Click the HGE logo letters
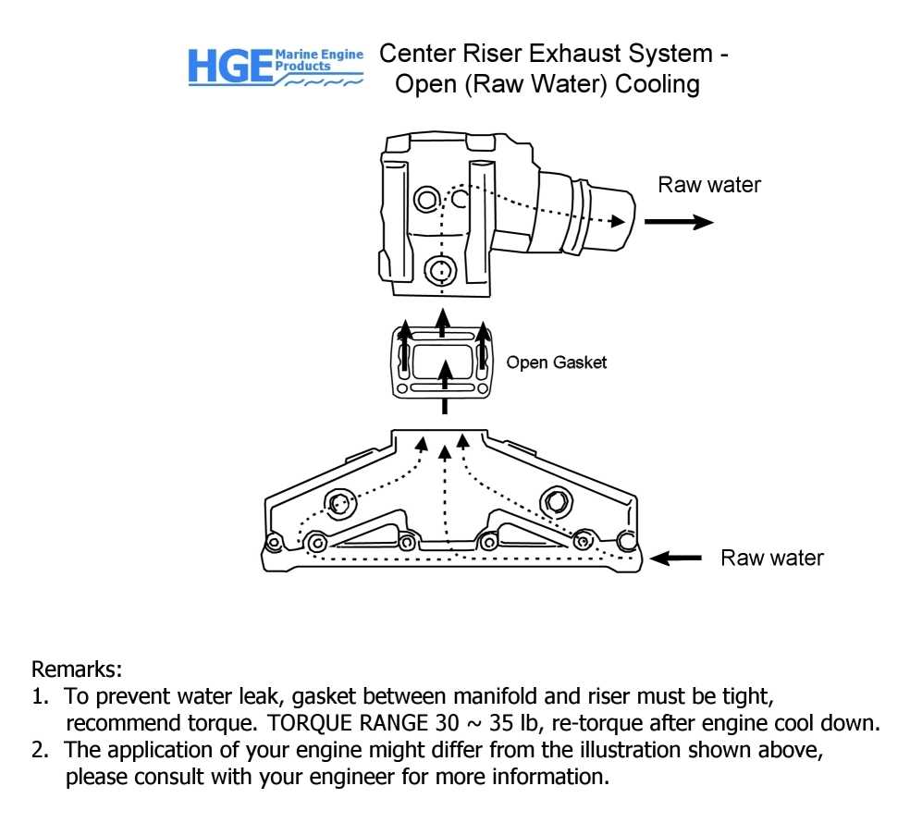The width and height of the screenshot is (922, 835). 229,68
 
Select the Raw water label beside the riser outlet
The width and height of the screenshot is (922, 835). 709,185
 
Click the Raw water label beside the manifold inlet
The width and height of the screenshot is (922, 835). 771,558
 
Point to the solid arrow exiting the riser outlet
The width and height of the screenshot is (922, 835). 678,222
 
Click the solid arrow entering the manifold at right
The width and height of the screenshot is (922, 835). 675,558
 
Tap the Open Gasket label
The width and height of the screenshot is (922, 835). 556,362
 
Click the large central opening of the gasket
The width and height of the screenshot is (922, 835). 443,362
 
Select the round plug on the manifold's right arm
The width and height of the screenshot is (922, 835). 558,500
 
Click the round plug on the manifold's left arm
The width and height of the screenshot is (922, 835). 338,502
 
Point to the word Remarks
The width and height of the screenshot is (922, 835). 77,669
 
